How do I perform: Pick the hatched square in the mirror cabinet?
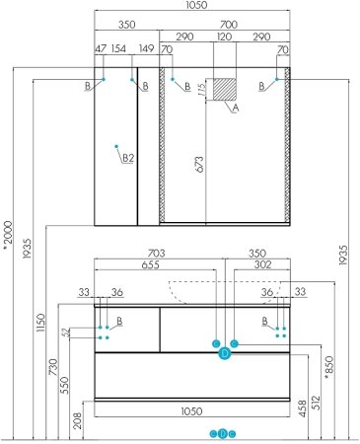tap(226, 88)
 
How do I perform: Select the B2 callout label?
tap(127, 157)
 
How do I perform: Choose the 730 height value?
tap(51, 367)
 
